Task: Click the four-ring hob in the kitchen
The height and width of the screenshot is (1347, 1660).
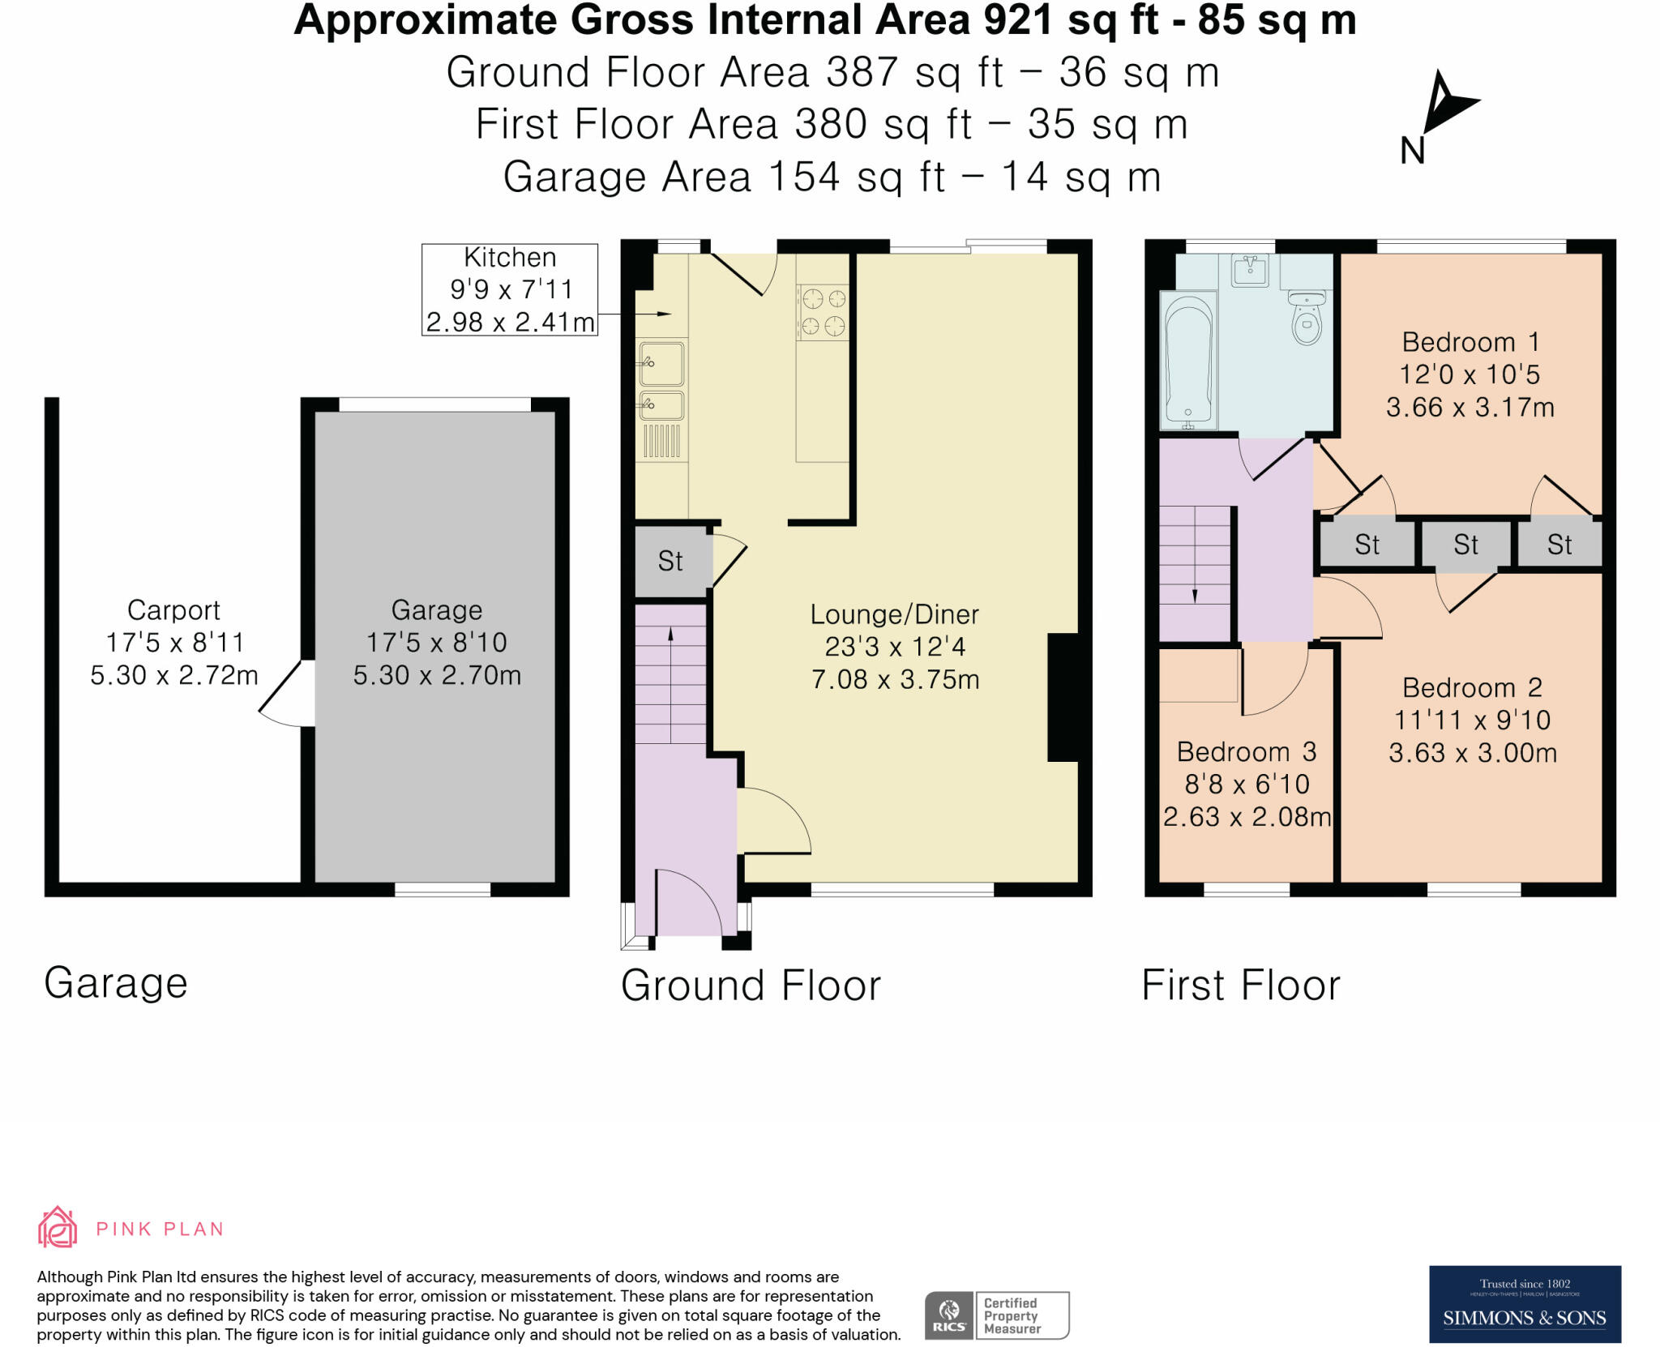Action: [x=823, y=312]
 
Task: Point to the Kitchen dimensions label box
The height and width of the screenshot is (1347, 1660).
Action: [x=510, y=289]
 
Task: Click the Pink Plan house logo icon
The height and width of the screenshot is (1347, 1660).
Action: [x=58, y=1227]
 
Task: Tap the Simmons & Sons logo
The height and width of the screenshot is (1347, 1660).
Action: [x=1524, y=1304]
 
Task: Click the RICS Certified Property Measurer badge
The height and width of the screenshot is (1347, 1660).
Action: [x=997, y=1315]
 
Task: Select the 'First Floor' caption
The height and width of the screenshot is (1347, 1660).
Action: [x=1241, y=986]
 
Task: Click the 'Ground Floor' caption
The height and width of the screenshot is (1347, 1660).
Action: [x=751, y=986]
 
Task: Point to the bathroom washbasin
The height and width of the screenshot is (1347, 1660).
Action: [x=1251, y=271]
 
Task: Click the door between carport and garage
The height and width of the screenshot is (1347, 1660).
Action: [x=286, y=694]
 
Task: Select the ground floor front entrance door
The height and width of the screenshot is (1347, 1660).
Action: [x=687, y=902]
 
